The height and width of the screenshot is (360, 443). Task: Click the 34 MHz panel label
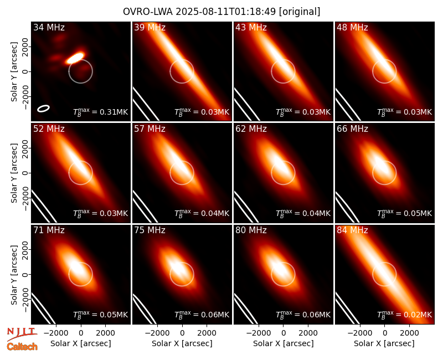pos(49,27)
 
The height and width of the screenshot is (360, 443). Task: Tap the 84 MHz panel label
pos(352,230)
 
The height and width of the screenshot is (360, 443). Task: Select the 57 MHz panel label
pos(150,129)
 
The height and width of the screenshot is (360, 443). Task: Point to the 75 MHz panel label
pos(150,230)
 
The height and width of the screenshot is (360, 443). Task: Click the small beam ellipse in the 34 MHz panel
pos(44,109)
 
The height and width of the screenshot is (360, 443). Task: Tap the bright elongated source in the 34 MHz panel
pos(75,58)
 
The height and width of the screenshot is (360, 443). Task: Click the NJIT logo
pos(22,333)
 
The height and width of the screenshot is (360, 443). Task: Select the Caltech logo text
pos(22,347)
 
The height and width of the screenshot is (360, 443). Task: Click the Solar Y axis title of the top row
pos(14,72)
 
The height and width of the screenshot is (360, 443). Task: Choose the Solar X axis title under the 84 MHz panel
pos(384,343)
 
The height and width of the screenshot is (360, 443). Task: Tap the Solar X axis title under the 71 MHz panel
pos(81,343)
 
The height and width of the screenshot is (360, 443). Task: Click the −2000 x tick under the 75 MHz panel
pos(157,333)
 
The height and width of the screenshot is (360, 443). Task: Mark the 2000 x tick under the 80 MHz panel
pos(308,333)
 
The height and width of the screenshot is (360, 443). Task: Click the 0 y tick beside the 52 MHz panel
pos(25,173)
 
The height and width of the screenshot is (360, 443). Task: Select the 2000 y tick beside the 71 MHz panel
pos(25,250)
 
